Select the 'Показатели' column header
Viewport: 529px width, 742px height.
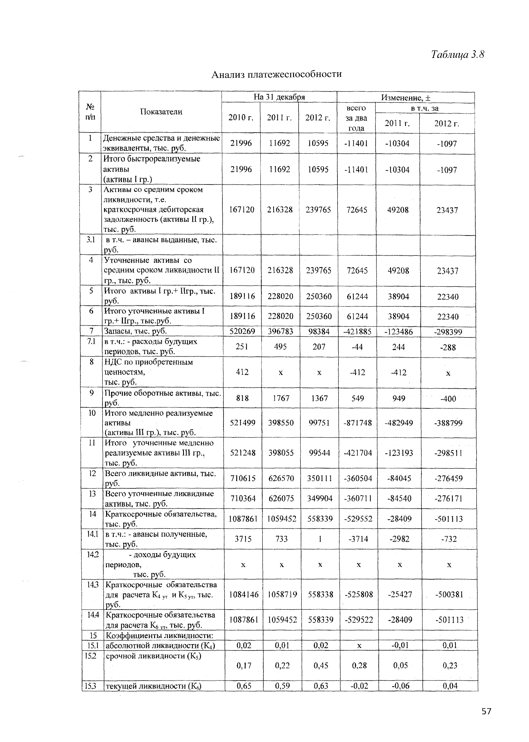(161, 112)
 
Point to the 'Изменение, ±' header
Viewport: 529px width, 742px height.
(406, 97)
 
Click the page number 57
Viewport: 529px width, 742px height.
(486, 711)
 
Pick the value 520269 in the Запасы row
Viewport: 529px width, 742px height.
(242, 331)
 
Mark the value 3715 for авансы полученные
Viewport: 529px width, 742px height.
(243, 539)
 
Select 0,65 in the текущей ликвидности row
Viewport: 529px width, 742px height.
(244, 686)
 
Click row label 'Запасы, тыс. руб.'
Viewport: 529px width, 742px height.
(135, 331)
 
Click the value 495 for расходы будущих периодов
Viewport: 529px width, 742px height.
(280, 347)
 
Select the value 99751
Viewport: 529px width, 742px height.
(319, 423)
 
